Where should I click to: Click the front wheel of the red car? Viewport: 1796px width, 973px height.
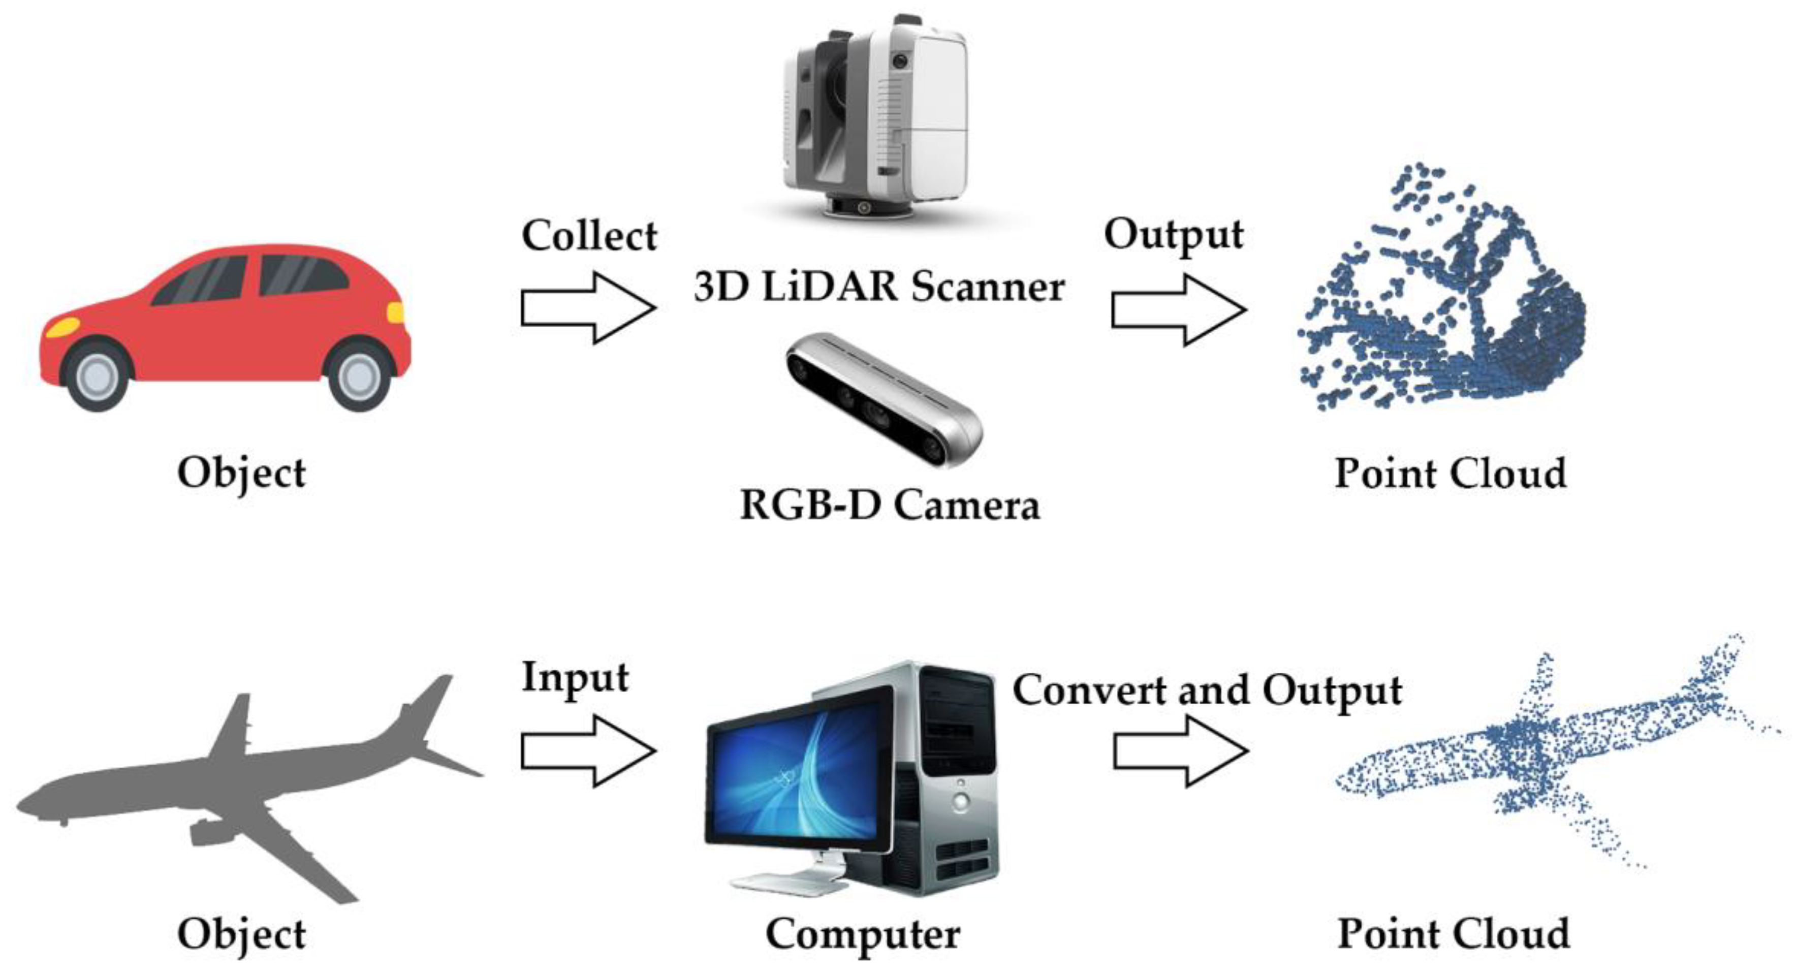click(x=98, y=376)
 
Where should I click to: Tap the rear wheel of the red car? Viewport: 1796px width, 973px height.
click(x=359, y=376)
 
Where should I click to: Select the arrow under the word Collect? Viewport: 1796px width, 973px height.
click(x=588, y=307)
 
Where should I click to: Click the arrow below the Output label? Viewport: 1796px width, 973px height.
click(x=1178, y=309)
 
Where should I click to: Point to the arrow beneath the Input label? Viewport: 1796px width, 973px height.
click(x=588, y=751)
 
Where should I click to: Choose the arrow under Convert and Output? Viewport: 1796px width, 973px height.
click(x=1180, y=751)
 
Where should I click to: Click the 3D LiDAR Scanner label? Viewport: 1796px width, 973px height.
click(x=878, y=286)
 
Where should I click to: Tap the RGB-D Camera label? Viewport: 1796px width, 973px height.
click(x=889, y=505)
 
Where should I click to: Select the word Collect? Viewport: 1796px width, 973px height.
click(x=589, y=235)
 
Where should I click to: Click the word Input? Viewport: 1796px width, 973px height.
click(x=575, y=677)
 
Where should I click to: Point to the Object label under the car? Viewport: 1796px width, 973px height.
click(x=241, y=473)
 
